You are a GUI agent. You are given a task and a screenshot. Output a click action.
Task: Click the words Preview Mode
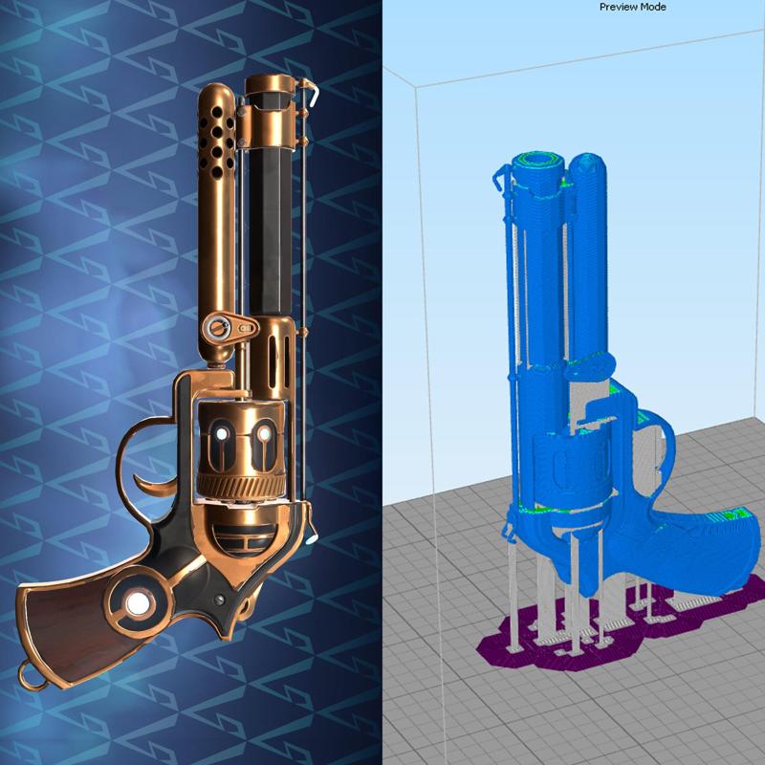pos(633,7)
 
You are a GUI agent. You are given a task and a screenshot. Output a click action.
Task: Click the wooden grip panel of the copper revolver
pos(76,622)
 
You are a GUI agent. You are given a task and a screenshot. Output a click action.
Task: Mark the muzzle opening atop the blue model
pos(547,161)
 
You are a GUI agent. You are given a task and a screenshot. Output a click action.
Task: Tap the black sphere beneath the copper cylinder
pos(244,540)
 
